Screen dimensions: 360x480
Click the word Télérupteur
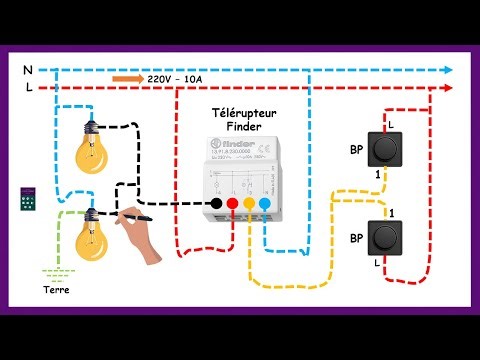(x=246, y=117)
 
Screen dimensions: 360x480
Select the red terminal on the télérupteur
(x=232, y=203)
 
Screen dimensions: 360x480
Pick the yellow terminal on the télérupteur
(x=249, y=203)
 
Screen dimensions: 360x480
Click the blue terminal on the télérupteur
(x=265, y=203)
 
